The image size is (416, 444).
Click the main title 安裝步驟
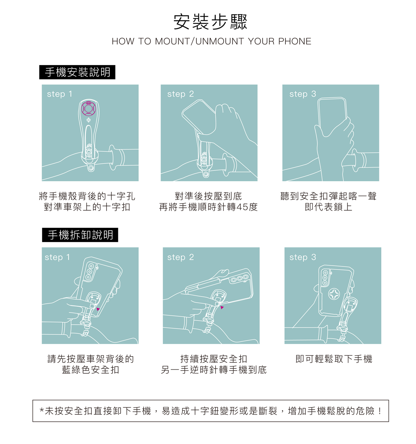pyautogui.click(x=210, y=22)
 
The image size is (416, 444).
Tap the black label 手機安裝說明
pyautogui.click(x=77, y=72)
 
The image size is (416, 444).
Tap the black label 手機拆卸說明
pyautogui.click(x=80, y=235)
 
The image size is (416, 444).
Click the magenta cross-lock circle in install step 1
pyautogui.click(x=89, y=108)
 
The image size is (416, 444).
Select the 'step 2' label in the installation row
pyautogui.click(x=181, y=94)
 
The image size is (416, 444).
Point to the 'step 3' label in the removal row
pyautogui.click(x=303, y=257)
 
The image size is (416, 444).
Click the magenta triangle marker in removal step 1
pyautogui.click(x=98, y=309)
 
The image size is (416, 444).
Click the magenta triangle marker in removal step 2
pyautogui.click(x=222, y=307)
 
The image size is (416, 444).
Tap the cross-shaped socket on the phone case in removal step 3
pyautogui.click(x=334, y=294)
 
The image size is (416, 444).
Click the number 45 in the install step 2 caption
pyautogui.click(x=242, y=207)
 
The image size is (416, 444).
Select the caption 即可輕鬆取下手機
pyautogui.click(x=334, y=359)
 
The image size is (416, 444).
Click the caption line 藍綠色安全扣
pyautogui.click(x=91, y=370)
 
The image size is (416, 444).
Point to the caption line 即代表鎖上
pyautogui.click(x=329, y=207)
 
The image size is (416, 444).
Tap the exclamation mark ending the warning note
pyautogui.click(x=380, y=411)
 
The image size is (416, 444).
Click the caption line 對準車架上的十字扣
pyautogui.click(x=87, y=207)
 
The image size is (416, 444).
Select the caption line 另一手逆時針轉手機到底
pyautogui.click(x=214, y=370)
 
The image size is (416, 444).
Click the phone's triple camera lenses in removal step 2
pyautogui.click(x=239, y=279)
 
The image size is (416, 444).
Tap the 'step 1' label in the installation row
pyautogui.click(x=60, y=94)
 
